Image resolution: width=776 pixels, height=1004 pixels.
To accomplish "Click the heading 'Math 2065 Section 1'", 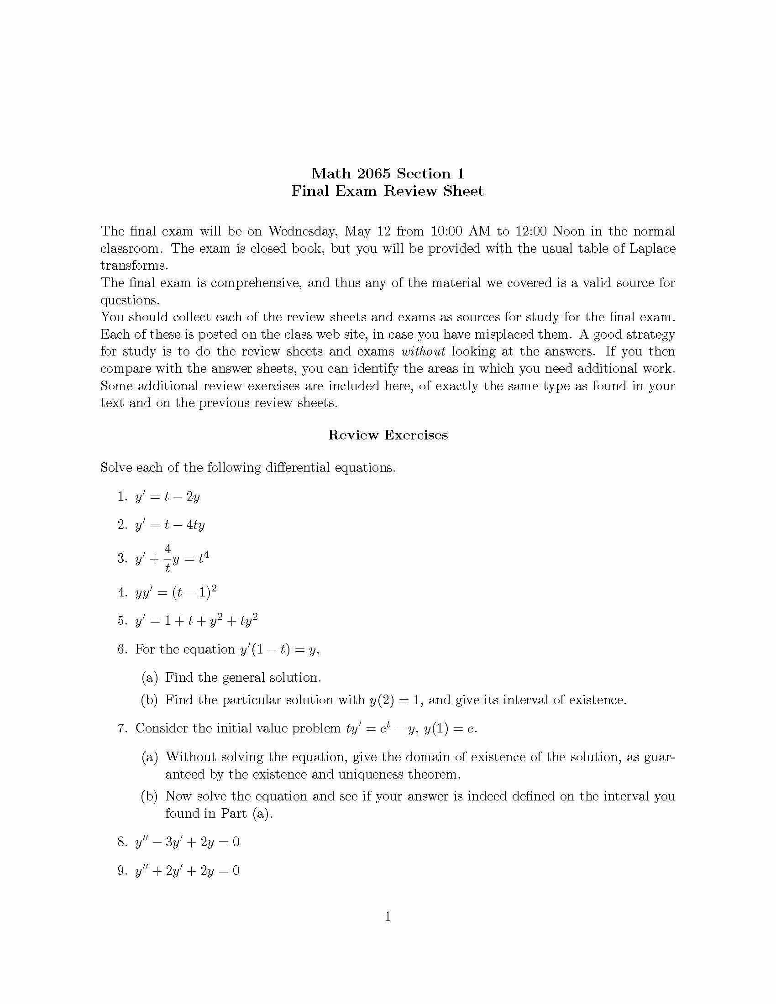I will click(388, 174).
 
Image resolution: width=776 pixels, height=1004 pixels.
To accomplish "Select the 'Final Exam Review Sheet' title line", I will click(388, 191).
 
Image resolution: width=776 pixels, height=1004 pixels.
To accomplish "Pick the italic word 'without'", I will click(423, 352).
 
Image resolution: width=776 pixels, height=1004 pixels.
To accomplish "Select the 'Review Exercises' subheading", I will click(388, 435).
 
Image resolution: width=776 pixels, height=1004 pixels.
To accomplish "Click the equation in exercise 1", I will click(168, 497).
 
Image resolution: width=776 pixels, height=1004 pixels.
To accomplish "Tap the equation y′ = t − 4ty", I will click(170, 525).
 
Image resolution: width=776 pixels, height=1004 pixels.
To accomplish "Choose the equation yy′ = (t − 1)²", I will click(176, 592).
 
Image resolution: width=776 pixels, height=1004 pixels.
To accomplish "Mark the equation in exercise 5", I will click(196, 621).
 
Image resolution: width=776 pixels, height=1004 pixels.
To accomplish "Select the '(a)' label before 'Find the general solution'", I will click(149, 678).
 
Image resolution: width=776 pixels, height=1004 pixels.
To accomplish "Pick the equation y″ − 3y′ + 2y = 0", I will click(187, 842).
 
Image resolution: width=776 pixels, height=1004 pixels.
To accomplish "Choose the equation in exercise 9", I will click(187, 871).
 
